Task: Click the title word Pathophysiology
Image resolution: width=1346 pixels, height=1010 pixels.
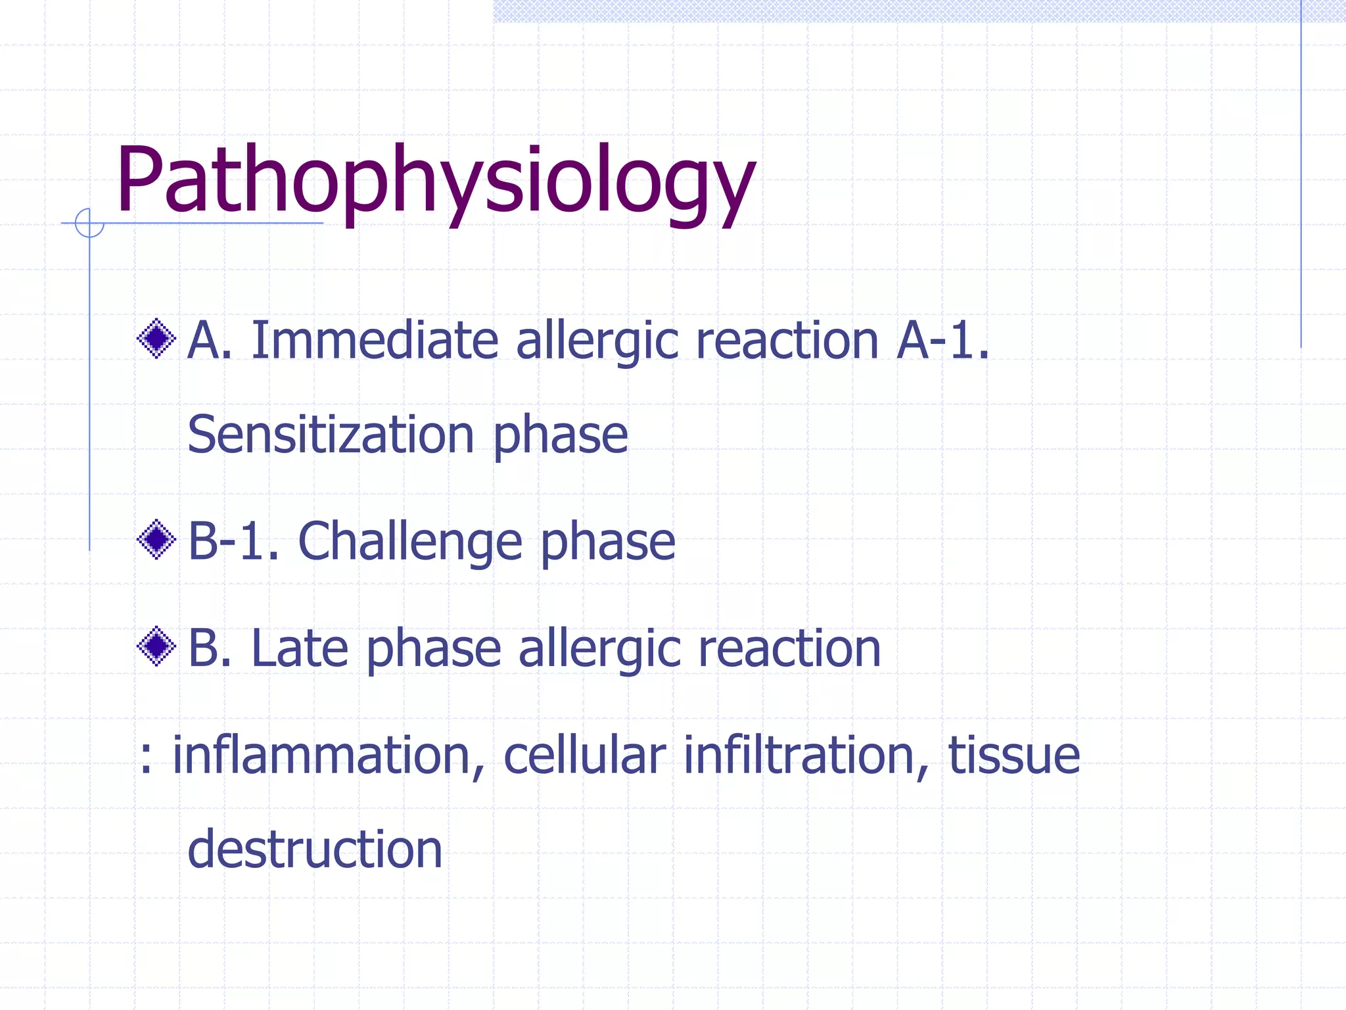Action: (435, 181)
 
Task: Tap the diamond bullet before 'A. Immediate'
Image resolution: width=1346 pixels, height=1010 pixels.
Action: (156, 339)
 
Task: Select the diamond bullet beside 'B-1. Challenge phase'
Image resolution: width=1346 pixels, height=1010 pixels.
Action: (156, 540)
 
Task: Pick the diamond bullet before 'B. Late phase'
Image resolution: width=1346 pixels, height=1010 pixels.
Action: (156, 646)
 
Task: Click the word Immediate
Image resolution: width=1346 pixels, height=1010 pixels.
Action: (375, 341)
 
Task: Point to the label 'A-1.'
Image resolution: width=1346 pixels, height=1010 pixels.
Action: (942, 341)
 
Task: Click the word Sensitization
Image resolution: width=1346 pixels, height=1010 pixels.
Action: (331, 435)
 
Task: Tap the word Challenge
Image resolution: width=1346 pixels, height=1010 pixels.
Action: (410, 542)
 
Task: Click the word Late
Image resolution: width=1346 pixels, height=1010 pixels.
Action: (299, 648)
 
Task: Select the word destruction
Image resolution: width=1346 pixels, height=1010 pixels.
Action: (315, 849)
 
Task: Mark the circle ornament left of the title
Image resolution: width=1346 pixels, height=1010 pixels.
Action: (89, 223)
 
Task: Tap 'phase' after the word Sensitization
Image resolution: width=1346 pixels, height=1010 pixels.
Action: (561, 436)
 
